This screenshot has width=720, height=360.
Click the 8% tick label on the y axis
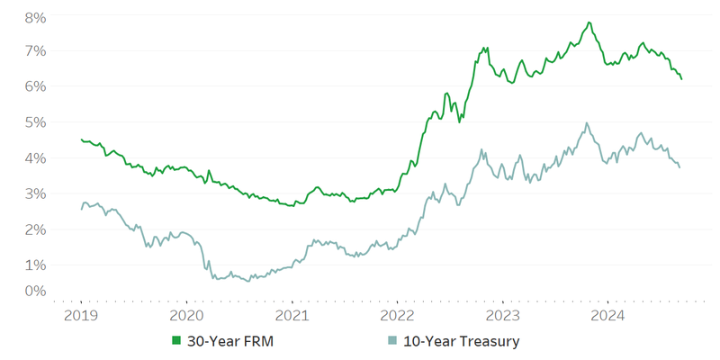35,17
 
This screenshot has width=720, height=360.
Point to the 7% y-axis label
35,50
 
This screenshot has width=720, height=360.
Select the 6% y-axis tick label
35,86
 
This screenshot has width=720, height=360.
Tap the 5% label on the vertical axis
35,121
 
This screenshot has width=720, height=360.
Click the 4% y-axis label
35,157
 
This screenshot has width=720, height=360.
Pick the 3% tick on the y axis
35,193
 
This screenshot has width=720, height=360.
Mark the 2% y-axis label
35,229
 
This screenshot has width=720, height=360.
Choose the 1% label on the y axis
35,265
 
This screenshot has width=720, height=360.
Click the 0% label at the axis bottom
35,291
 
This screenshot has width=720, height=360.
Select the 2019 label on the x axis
81,316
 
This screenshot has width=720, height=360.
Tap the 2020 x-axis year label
186,316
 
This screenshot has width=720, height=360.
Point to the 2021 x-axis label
292,316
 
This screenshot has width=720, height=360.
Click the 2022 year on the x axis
397,316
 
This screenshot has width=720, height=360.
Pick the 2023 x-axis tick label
502,316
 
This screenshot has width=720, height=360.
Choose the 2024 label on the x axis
607,316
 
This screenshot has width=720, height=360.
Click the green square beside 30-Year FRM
177,341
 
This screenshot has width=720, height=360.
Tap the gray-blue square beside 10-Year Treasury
391,341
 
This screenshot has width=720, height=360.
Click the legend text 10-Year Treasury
461,341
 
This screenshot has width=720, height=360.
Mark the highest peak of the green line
589,22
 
